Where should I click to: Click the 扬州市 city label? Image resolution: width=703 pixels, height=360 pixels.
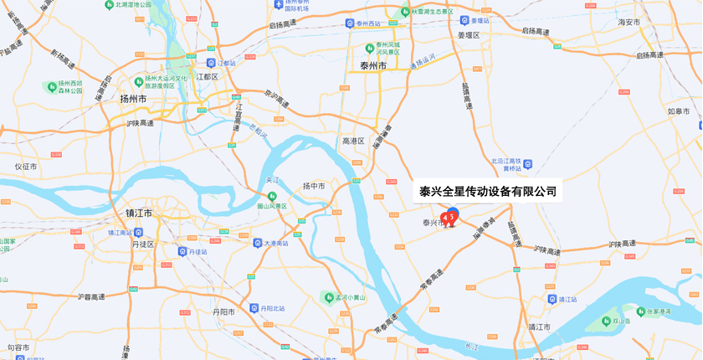click(133, 99)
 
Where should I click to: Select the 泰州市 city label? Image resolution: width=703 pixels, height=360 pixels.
click(372, 66)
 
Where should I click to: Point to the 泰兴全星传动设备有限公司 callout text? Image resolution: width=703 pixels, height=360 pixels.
click(488, 192)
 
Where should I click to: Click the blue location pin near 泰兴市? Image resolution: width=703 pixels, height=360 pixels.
click(453, 213)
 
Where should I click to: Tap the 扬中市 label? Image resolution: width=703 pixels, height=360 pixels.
click(314, 186)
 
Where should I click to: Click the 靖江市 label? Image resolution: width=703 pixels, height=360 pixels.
click(540, 327)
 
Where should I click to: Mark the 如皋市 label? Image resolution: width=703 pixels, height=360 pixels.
click(679, 111)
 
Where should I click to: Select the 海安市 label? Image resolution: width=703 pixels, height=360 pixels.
click(629, 23)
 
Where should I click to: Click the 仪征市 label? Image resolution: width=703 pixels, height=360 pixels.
click(26, 167)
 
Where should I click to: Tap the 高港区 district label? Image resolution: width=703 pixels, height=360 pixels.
click(353, 141)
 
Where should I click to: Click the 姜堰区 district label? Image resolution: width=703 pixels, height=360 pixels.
click(469, 35)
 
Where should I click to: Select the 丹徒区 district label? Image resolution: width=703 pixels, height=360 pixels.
click(143, 244)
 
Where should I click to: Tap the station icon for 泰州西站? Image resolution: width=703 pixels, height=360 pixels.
click(350, 23)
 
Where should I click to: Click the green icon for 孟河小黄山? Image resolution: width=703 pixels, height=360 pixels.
click(327, 296)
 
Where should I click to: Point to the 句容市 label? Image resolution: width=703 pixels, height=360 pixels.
click(18, 347)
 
